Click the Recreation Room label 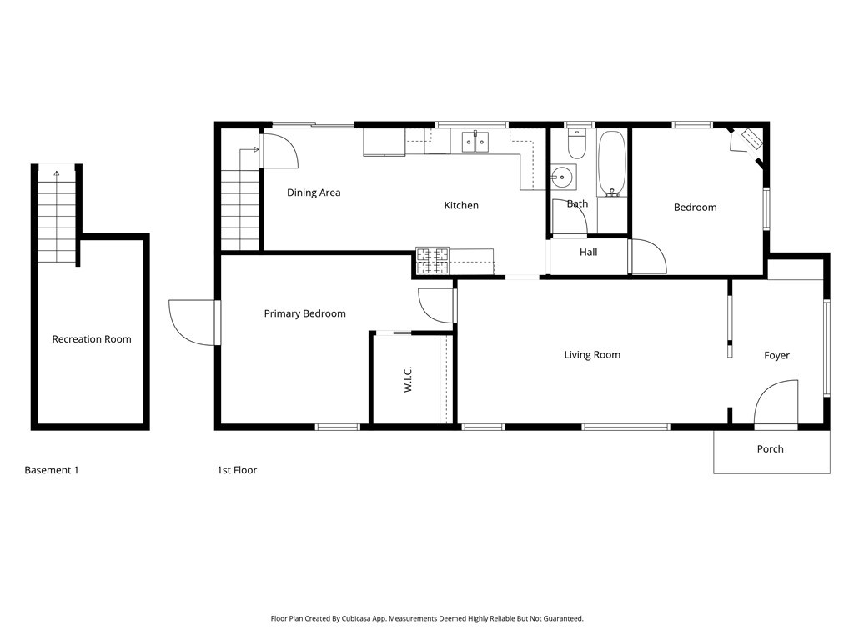(x=92, y=339)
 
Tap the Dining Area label (x=314, y=192)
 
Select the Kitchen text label (x=461, y=205)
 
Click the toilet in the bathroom (x=576, y=145)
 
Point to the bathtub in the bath (x=612, y=163)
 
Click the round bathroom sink (x=563, y=177)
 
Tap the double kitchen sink (x=476, y=142)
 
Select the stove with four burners (x=433, y=262)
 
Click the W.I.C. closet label (x=409, y=381)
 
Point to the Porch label (x=770, y=449)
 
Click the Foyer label (x=776, y=356)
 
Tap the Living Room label (x=592, y=355)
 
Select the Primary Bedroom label (x=304, y=314)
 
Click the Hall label (x=588, y=252)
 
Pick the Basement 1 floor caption (x=52, y=470)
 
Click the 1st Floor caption (x=237, y=470)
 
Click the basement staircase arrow (x=57, y=175)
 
